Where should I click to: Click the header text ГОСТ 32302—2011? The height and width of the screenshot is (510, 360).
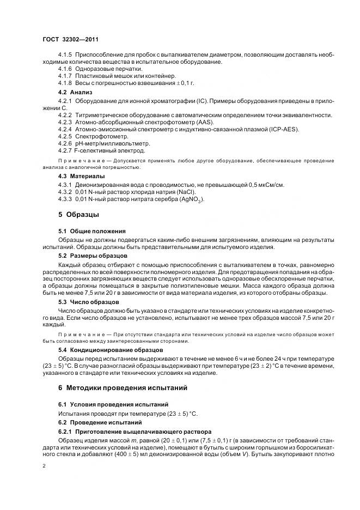[x=70, y=39]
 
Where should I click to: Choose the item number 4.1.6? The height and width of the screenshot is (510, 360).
[x=65, y=69]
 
